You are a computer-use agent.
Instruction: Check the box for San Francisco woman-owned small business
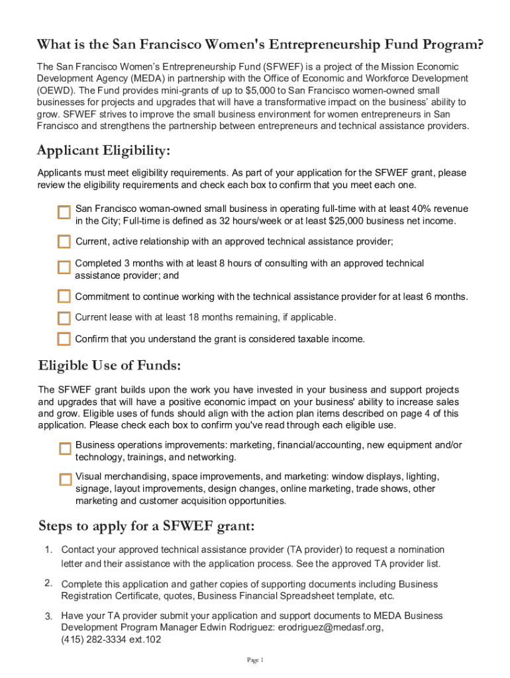(x=64, y=213)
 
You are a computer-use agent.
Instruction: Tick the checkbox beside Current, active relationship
(x=64, y=241)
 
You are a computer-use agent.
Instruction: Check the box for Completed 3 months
(x=64, y=267)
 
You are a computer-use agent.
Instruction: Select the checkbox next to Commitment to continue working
(x=64, y=296)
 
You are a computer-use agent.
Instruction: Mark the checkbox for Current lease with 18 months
(x=64, y=318)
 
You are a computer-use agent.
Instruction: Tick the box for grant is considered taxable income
(x=64, y=339)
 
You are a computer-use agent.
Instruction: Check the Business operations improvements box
(x=65, y=449)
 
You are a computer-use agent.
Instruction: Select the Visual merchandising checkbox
(x=65, y=479)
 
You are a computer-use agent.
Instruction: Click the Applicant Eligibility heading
(x=104, y=152)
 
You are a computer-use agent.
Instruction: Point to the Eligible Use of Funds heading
(x=109, y=365)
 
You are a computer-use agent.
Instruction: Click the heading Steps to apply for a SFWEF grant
(x=146, y=526)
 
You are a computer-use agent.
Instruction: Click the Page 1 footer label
(x=255, y=660)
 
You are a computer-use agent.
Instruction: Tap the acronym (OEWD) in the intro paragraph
(x=56, y=91)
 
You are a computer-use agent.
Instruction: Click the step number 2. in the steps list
(x=49, y=583)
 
